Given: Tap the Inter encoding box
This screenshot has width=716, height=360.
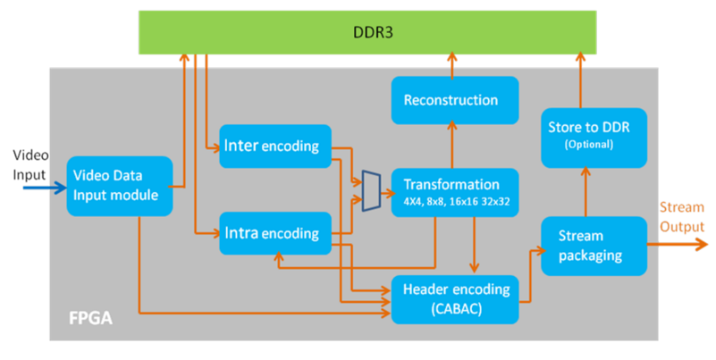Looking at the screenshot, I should [x=274, y=145].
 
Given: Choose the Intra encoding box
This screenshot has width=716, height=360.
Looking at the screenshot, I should [x=274, y=234].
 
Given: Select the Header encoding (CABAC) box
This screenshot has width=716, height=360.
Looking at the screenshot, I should [x=456, y=297].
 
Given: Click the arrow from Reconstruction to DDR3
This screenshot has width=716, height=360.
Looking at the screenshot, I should [x=451, y=64].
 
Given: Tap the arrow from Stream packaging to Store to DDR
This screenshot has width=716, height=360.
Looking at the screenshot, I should [x=586, y=192].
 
